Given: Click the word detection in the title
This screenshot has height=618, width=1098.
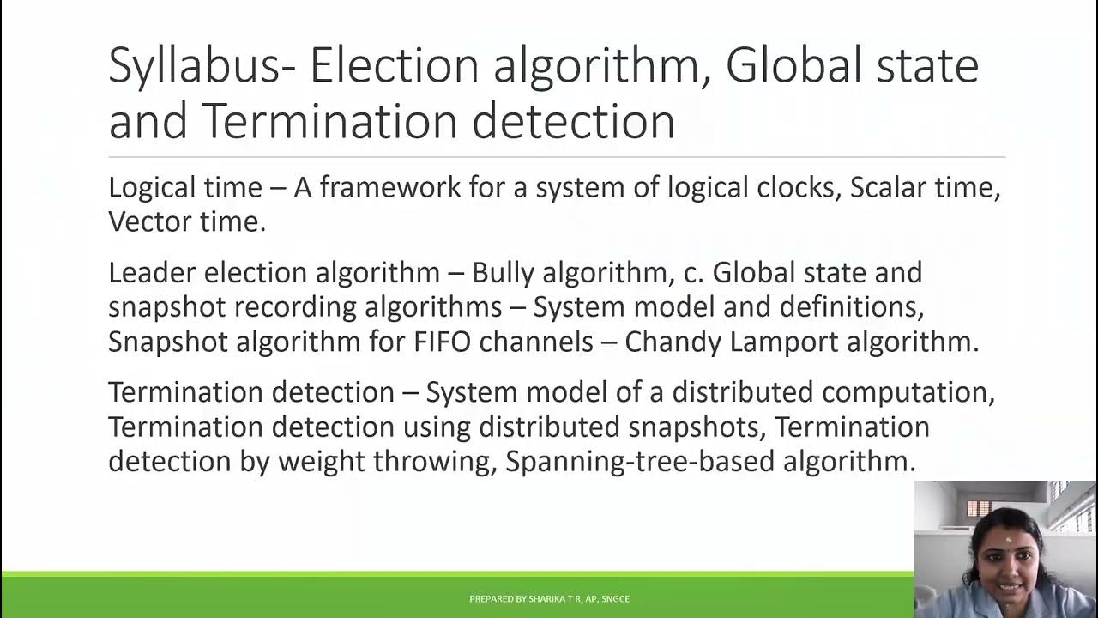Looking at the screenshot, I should pyautogui.click(x=572, y=120).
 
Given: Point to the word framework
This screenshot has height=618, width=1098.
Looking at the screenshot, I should pyautogui.click(x=390, y=187).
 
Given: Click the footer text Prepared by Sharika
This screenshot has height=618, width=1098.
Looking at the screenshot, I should pyautogui.click(x=549, y=598).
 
